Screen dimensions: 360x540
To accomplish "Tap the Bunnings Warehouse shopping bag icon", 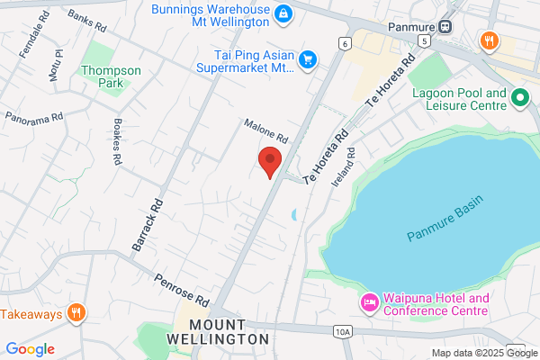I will coord(283,13).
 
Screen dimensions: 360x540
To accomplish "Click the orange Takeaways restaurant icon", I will coord(76,313).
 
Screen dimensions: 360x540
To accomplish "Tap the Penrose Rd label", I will coord(181,290).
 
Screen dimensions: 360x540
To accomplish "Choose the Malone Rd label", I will coord(265,131).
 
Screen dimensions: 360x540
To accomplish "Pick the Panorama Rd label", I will coord(34,117).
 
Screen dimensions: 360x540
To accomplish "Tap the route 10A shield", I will coord(342,332).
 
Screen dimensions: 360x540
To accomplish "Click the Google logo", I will coord(30,349).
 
